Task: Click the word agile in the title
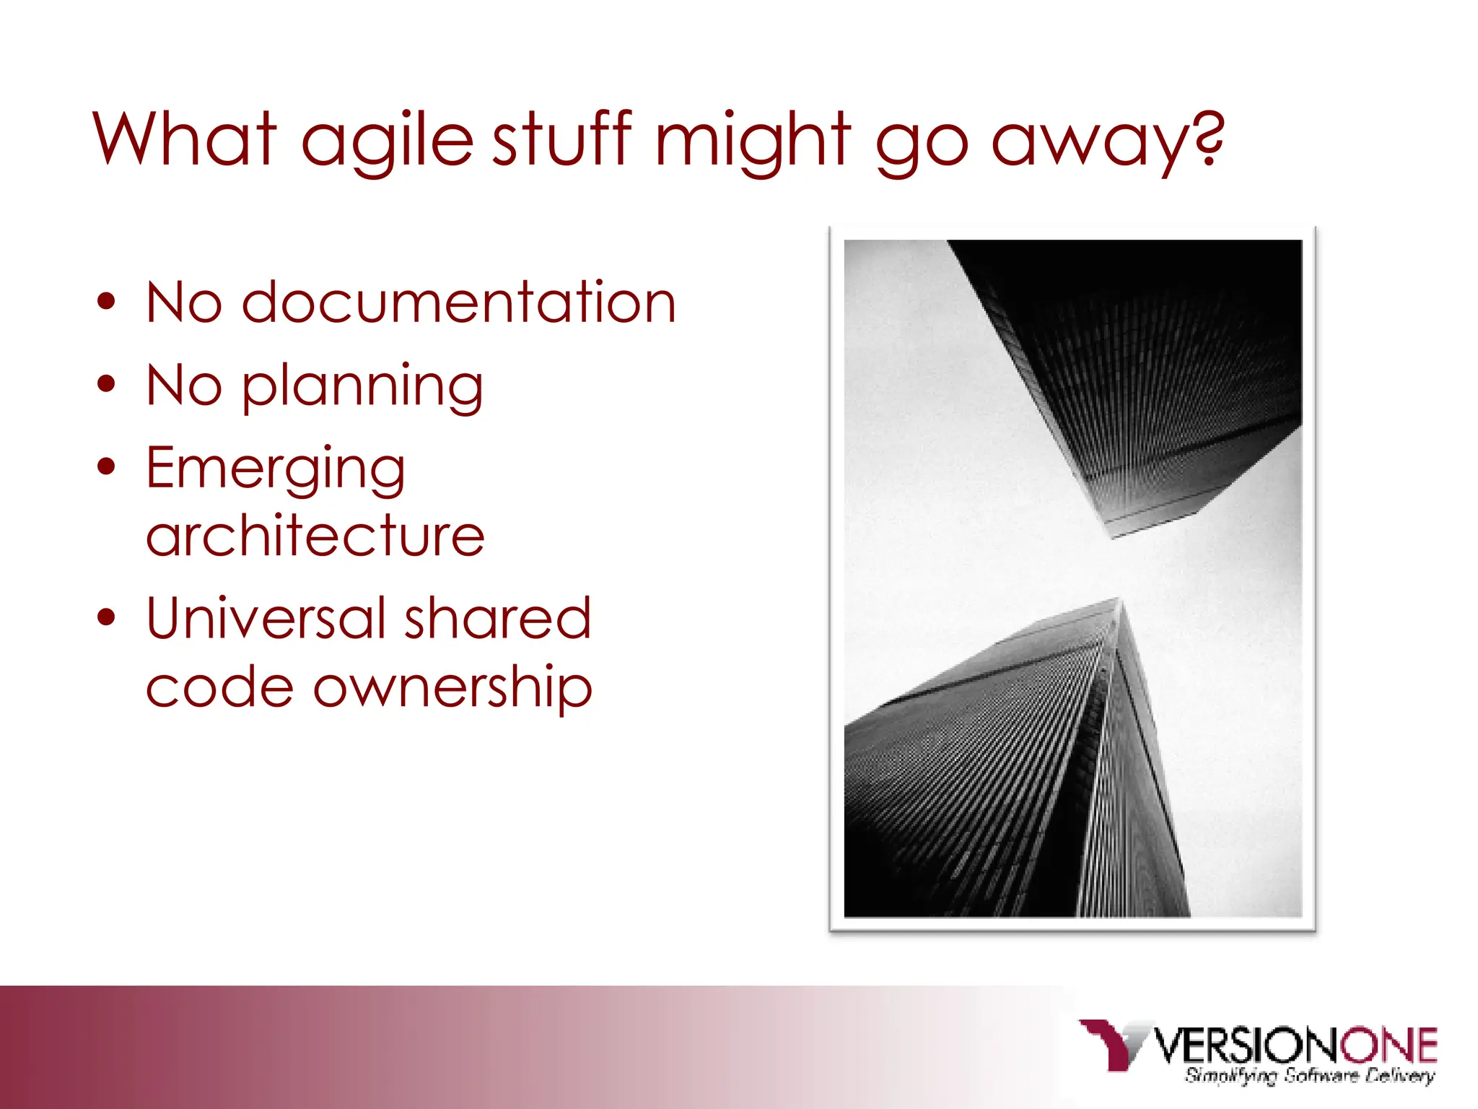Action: click(387, 141)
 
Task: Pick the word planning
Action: click(362, 387)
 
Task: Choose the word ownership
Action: click(452, 687)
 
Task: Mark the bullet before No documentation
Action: click(107, 302)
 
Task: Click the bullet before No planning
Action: click(107, 385)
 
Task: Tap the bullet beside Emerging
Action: click(107, 467)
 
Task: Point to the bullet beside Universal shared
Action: click(107, 618)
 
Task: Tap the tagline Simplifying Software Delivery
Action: click(1309, 1076)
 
